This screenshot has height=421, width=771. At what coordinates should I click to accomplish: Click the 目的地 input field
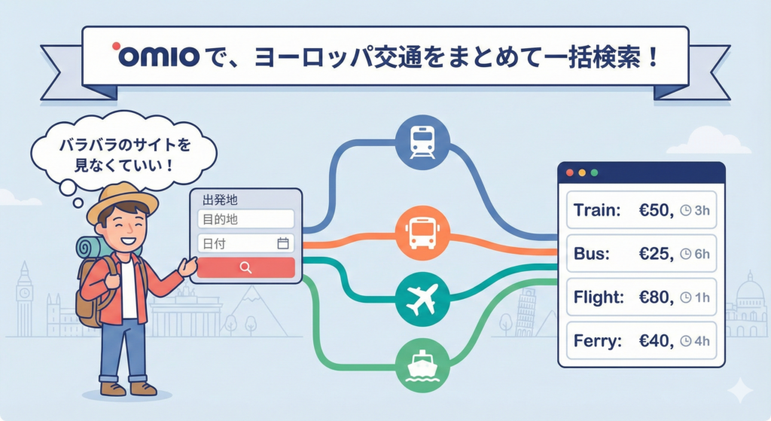pos(245,219)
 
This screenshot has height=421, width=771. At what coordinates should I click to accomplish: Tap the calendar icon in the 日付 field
pos(283,243)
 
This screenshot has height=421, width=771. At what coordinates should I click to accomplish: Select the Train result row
pos(641,211)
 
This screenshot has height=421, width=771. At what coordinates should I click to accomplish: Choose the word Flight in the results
pos(598,297)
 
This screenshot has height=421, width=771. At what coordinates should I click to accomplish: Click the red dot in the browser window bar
pos(569,173)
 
